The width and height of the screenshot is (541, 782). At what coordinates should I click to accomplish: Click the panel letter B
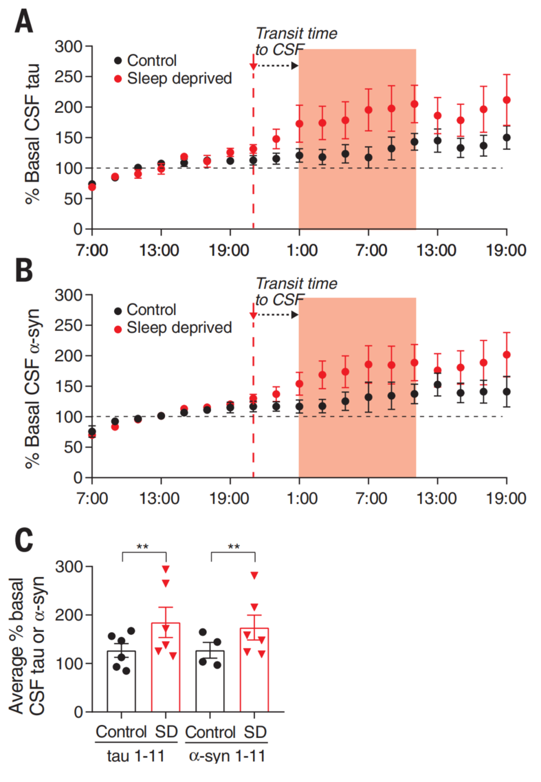[x=24, y=270]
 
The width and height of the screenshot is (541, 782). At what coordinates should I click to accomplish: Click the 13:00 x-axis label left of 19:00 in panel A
[x=159, y=250]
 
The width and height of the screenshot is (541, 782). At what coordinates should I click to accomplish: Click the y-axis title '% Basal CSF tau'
[x=32, y=134]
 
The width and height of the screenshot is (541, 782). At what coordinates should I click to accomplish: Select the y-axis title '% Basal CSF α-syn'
[x=32, y=388]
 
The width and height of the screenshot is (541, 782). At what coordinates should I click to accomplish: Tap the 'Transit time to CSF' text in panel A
[x=296, y=41]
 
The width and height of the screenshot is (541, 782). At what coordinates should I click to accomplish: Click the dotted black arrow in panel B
[x=278, y=315]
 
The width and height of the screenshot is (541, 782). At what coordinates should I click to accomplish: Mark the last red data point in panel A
[x=506, y=100]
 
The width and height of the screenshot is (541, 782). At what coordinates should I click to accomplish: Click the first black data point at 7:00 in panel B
[x=92, y=431]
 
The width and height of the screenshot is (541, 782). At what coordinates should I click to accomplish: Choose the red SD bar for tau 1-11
[x=165, y=667]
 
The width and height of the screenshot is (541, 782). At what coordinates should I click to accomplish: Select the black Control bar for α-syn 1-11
[x=210, y=681]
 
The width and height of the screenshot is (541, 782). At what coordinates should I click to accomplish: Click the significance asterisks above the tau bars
[x=143, y=546]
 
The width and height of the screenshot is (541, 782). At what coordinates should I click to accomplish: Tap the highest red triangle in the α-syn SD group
[x=254, y=576]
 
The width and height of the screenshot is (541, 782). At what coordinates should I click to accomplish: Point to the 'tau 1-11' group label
[x=136, y=755]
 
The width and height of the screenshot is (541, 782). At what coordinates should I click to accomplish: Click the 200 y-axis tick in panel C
[x=69, y=615]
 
